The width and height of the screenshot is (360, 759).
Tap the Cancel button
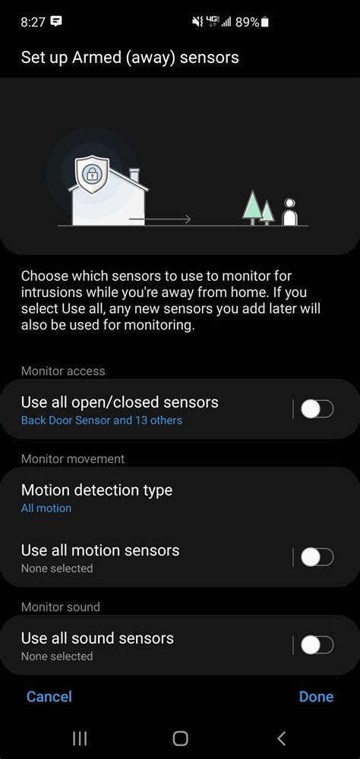[x=49, y=697]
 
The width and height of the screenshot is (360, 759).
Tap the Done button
[x=316, y=697]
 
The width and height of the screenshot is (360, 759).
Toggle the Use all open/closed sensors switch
[x=317, y=410]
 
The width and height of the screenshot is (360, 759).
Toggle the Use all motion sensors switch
[x=317, y=558]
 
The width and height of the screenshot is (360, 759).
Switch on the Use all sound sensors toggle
[x=317, y=646]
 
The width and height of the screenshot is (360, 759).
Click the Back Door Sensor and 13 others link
[x=102, y=420]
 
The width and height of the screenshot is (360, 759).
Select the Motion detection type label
[x=96, y=490]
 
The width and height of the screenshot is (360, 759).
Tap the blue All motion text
[x=46, y=509]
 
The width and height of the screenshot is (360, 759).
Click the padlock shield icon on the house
[x=90, y=174]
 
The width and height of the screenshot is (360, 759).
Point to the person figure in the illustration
[x=289, y=213]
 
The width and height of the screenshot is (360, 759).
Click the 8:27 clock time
[x=33, y=23]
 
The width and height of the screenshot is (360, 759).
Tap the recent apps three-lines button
[x=79, y=738]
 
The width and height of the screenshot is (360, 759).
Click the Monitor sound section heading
[x=61, y=607]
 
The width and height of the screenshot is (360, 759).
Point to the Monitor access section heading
[x=63, y=371]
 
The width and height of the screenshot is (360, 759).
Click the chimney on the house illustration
[x=134, y=176]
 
